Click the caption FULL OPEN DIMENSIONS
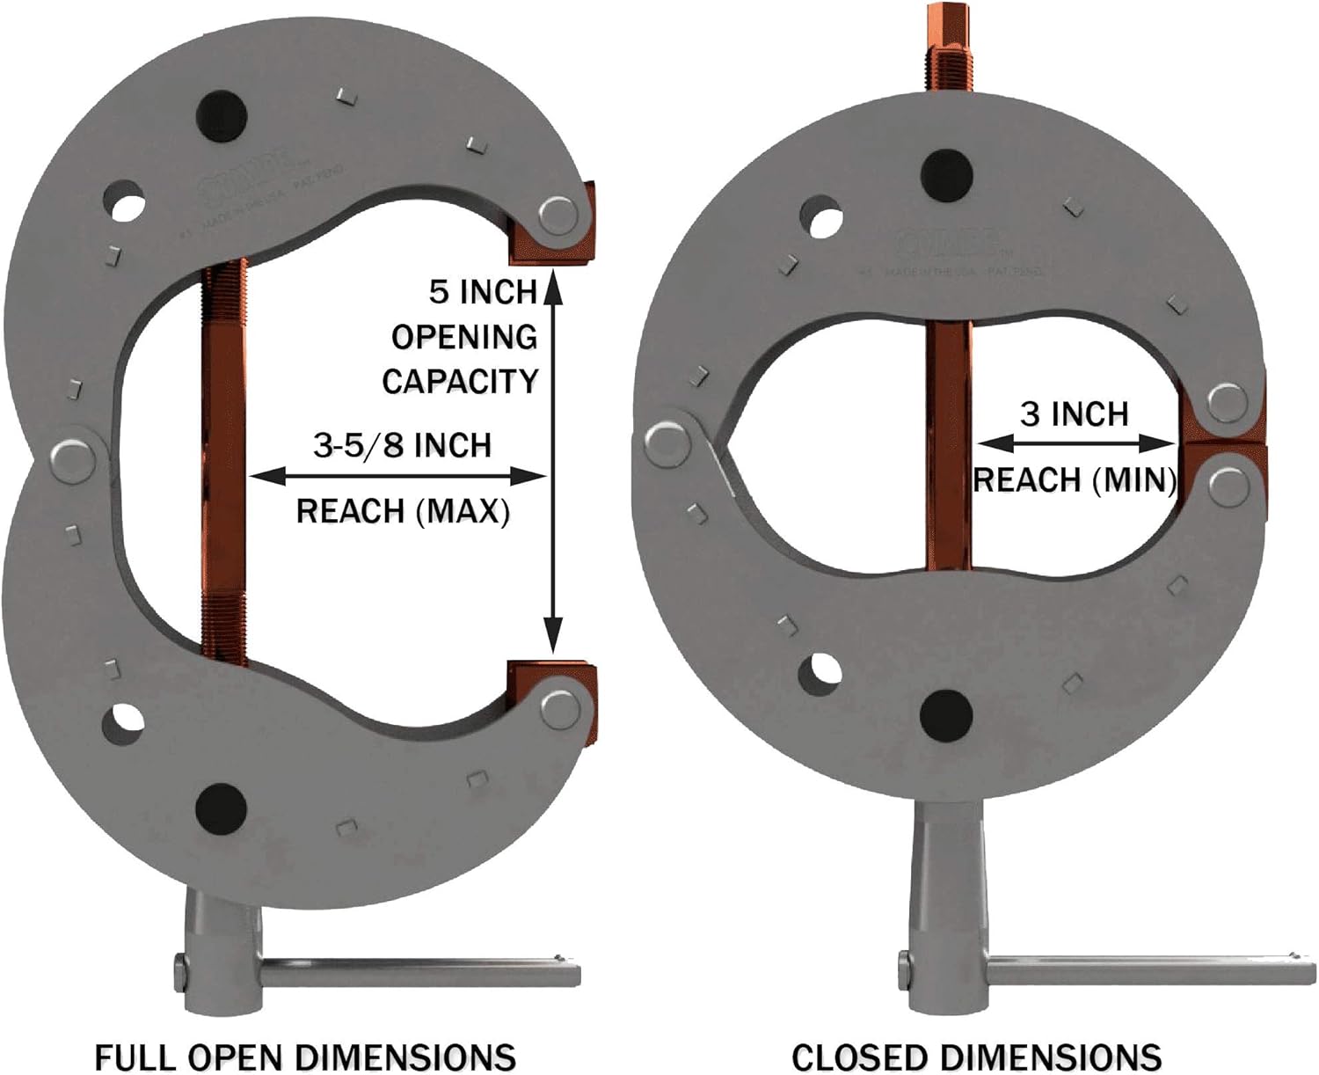click(x=304, y=1056)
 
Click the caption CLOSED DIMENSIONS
click(x=976, y=1056)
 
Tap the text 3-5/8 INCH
click(x=402, y=445)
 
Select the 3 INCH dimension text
click(x=1074, y=413)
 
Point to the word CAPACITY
click(x=459, y=381)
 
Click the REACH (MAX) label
click(x=402, y=510)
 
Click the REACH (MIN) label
click(x=1074, y=480)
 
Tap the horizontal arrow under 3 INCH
click(x=1075, y=442)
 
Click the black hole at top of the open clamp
click(x=221, y=113)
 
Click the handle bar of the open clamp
click(x=422, y=973)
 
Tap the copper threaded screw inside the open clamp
click(x=223, y=457)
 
